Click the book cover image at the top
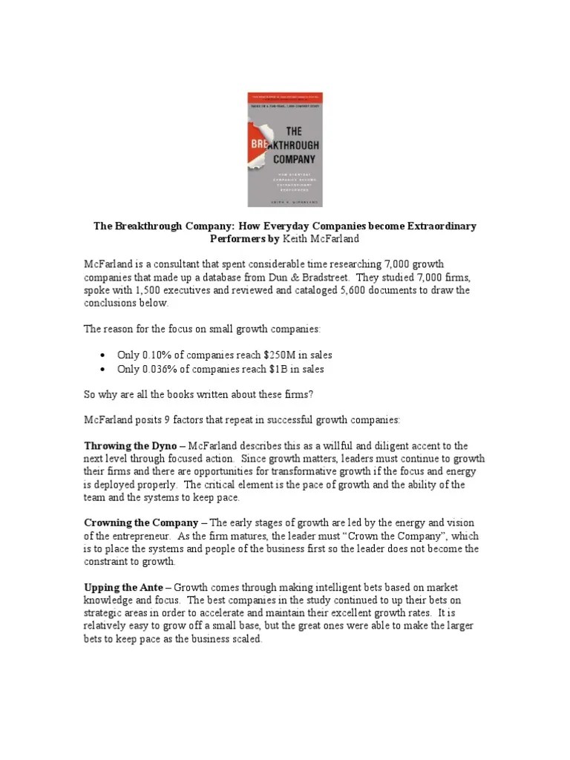[284, 149]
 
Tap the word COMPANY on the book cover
[295, 158]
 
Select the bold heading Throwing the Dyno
[130, 446]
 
